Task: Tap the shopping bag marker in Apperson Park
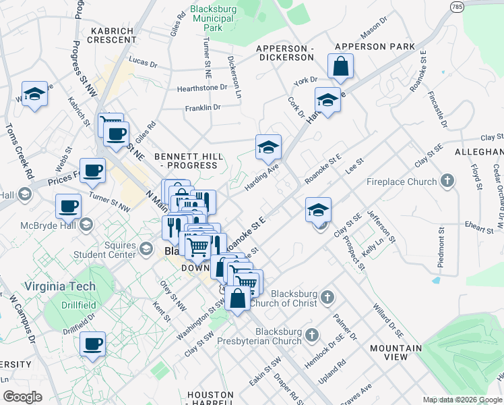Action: click(341, 67)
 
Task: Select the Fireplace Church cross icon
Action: click(447, 181)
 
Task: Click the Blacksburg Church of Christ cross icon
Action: click(327, 297)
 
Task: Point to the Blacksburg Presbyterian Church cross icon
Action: click(311, 335)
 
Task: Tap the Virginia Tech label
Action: click(60, 286)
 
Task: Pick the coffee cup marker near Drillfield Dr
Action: click(92, 344)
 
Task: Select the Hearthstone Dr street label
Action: click(201, 88)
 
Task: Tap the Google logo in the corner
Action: click(22, 396)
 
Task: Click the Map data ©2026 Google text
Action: click(462, 400)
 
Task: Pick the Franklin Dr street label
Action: click(203, 107)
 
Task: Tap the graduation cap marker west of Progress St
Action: click(34, 95)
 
